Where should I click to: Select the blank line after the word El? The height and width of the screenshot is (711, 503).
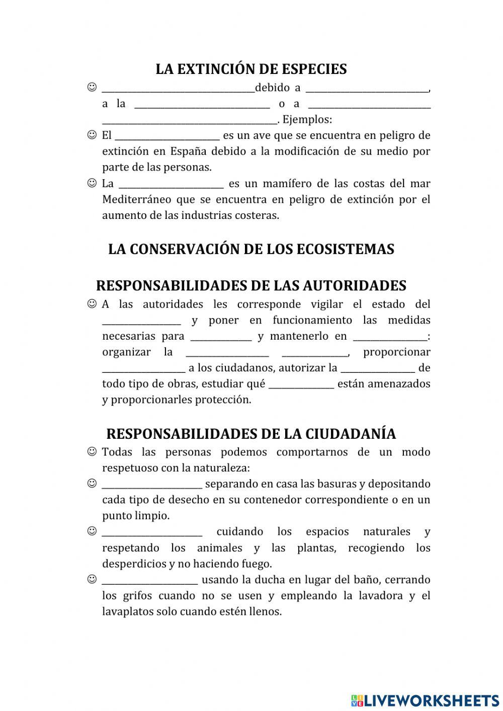click(167, 136)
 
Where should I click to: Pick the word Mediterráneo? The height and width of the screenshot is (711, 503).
click(136, 199)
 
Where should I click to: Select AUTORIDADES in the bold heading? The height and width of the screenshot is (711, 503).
click(354, 286)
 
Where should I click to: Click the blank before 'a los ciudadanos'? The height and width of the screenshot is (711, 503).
click(143, 368)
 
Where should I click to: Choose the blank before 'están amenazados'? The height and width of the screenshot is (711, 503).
click(301, 384)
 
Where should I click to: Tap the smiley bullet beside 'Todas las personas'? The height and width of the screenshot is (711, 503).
click(92, 452)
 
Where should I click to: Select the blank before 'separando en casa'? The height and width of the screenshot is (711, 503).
click(152, 485)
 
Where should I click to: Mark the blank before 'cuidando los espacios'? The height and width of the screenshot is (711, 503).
click(152, 532)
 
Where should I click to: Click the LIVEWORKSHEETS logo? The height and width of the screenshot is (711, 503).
click(425, 700)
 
